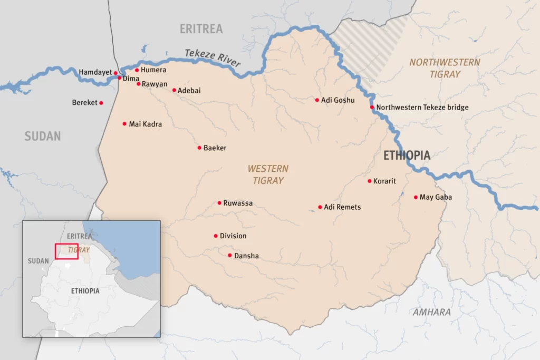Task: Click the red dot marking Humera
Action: click(x=137, y=70)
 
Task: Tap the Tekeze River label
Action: click(x=213, y=58)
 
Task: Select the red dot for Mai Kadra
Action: click(x=124, y=124)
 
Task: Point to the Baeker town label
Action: click(x=215, y=148)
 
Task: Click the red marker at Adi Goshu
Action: click(x=317, y=100)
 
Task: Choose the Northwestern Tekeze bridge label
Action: click(x=422, y=108)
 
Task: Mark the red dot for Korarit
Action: click(x=370, y=181)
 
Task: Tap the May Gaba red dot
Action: click(x=416, y=197)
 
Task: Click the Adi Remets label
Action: click(x=342, y=207)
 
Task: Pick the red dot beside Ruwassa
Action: click(x=219, y=203)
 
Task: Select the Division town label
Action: click(x=233, y=236)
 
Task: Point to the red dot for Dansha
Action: click(x=230, y=256)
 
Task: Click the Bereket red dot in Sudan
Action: click(x=101, y=103)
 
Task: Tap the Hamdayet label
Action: click(x=95, y=72)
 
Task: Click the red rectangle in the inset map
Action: click(x=66, y=251)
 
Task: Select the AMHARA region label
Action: click(x=432, y=312)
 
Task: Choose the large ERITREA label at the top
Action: click(x=201, y=29)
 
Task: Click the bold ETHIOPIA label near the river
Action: click(x=407, y=155)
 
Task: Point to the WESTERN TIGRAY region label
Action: click(x=268, y=174)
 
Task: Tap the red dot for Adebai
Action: click(x=174, y=90)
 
